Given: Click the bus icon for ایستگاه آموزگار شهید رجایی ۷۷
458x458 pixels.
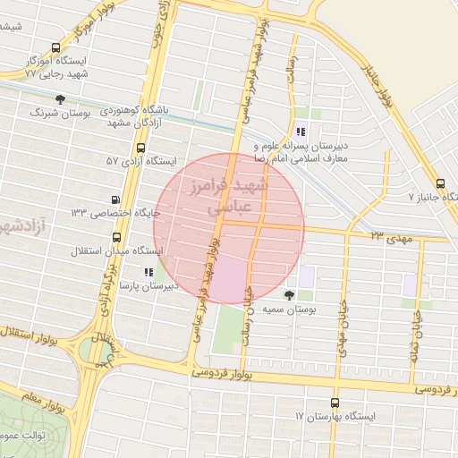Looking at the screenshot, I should pyautogui.click(x=56, y=48).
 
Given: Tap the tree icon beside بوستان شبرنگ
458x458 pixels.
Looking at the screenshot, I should pyautogui.click(x=60, y=99).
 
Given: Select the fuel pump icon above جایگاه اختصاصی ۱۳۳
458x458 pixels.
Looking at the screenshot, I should pyautogui.click(x=114, y=199).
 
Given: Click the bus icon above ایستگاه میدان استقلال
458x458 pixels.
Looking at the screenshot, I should pyautogui.click(x=117, y=237).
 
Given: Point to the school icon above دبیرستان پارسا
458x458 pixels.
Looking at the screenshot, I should pyautogui.click(x=148, y=272).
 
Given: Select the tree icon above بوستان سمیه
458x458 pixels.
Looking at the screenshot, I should pyautogui.click(x=289, y=294).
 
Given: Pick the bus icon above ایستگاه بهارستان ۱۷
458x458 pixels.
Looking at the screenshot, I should pyautogui.click(x=335, y=403).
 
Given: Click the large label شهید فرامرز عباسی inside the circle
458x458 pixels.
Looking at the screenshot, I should pyautogui.click(x=228, y=196).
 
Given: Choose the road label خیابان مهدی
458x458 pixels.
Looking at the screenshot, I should pyautogui.click(x=342, y=327).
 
